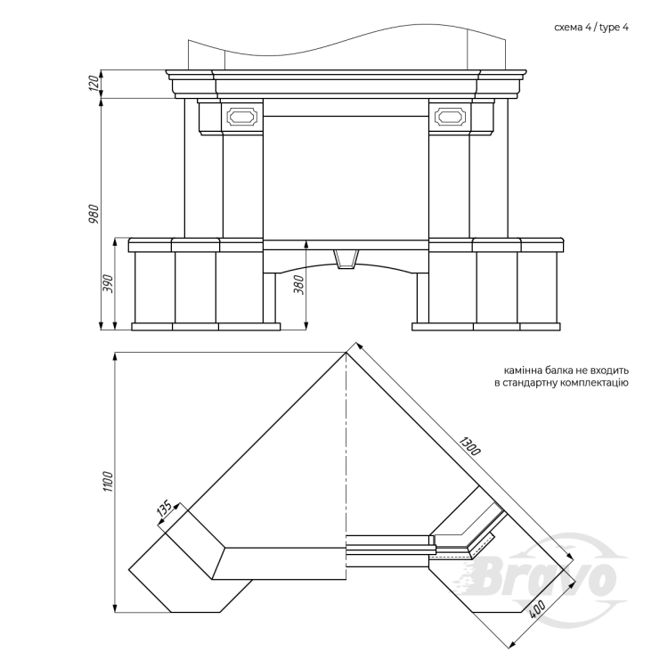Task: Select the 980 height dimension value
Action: coord(94,214)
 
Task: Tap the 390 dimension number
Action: coord(109,283)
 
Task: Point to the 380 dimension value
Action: coord(299,285)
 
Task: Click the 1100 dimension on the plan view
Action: coord(108,482)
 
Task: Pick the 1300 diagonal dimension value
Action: coord(470,444)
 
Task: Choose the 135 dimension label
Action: coord(164,509)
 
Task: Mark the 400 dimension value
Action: coord(538,610)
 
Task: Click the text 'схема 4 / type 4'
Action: coord(591,28)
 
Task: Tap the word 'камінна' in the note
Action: coord(521,371)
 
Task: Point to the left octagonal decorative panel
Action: coord(242,116)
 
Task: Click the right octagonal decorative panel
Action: coord(451,116)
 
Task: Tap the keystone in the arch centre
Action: coord(346,259)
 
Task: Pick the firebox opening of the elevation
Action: coord(346,178)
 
